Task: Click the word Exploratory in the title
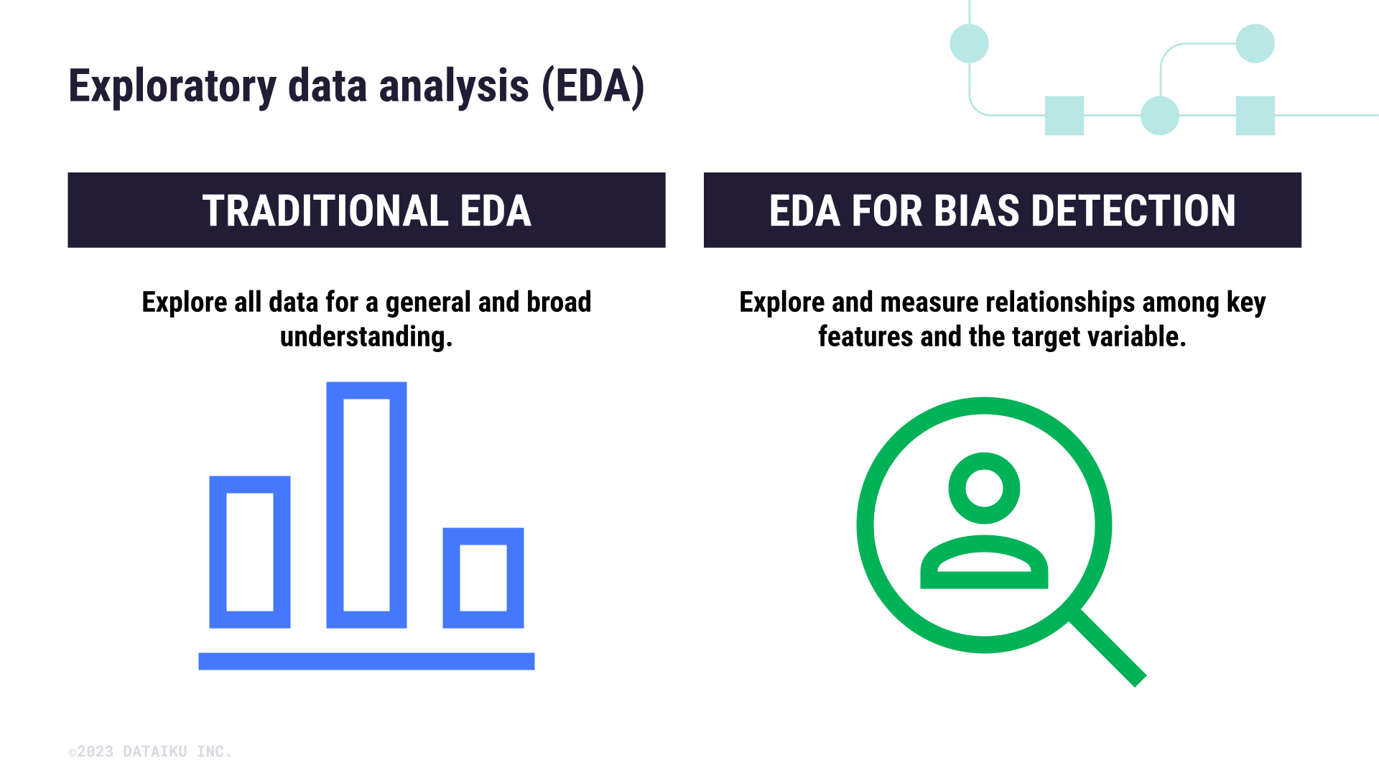coord(172,87)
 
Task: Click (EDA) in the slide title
coord(593,87)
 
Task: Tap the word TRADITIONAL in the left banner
coord(326,211)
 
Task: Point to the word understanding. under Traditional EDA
coord(366,337)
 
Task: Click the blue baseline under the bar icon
coord(366,661)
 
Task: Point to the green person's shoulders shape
coord(984,580)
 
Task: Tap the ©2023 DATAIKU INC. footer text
coord(150,752)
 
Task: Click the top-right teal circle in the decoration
coord(1255,44)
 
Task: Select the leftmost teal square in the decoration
coord(1064,116)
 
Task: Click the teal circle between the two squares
coord(1159,116)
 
